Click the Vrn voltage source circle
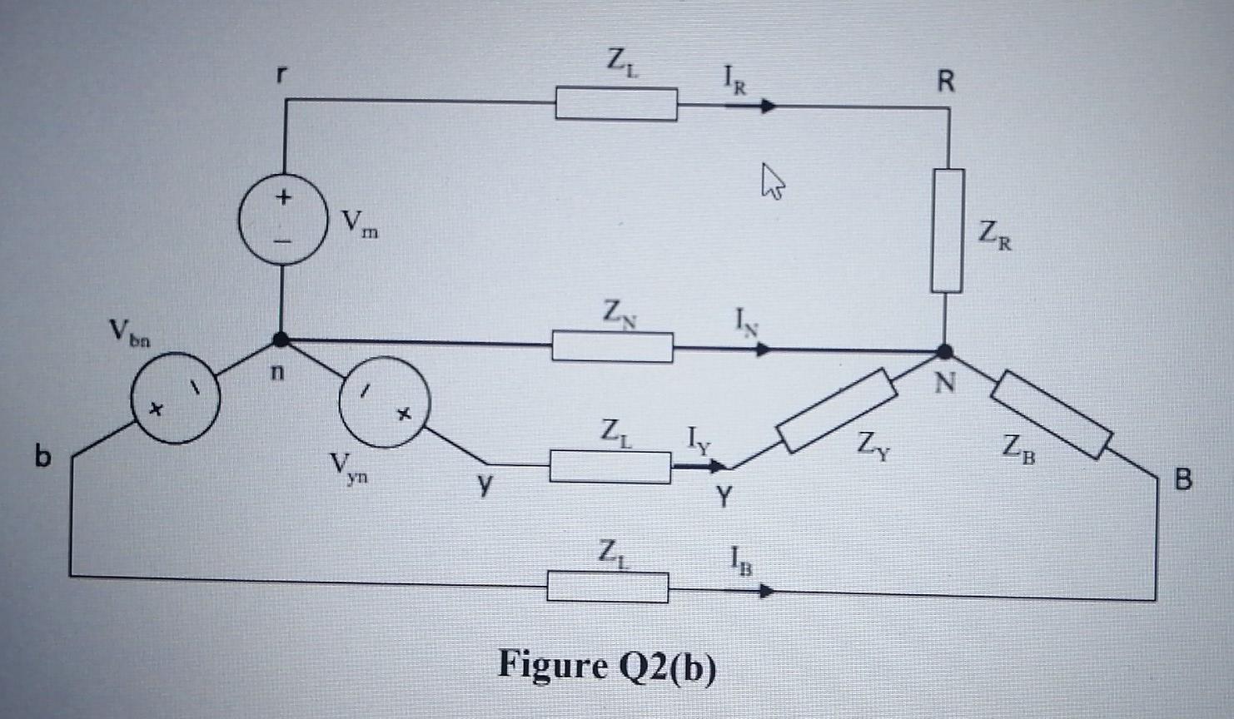pyautogui.click(x=283, y=220)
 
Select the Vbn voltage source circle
pyautogui.click(x=176, y=397)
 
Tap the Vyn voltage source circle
pyautogui.click(x=385, y=402)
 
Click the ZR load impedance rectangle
pyautogui.click(x=948, y=231)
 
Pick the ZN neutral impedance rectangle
pyautogui.click(x=612, y=346)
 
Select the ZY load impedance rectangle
pyautogui.click(x=836, y=411)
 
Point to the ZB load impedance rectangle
pyautogui.click(x=1052, y=414)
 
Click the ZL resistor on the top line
pyautogui.click(x=616, y=105)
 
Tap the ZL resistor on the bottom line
pyautogui.click(x=607, y=587)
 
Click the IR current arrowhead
pyautogui.click(x=768, y=106)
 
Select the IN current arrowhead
pyautogui.click(x=764, y=350)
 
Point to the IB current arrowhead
pyautogui.click(x=766, y=592)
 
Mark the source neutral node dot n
pyautogui.click(x=281, y=340)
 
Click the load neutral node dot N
pyautogui.click(x=945, y=351)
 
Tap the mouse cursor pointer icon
pyautogui.click(x=772, y=181)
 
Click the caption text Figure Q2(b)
pyautogui.click(x=606, y=666)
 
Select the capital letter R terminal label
pyautogui.click(x=946, y=81)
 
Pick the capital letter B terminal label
pyautogui.click(x=1182, y=479)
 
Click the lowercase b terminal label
pyautogui.click(x=42, y=456)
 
